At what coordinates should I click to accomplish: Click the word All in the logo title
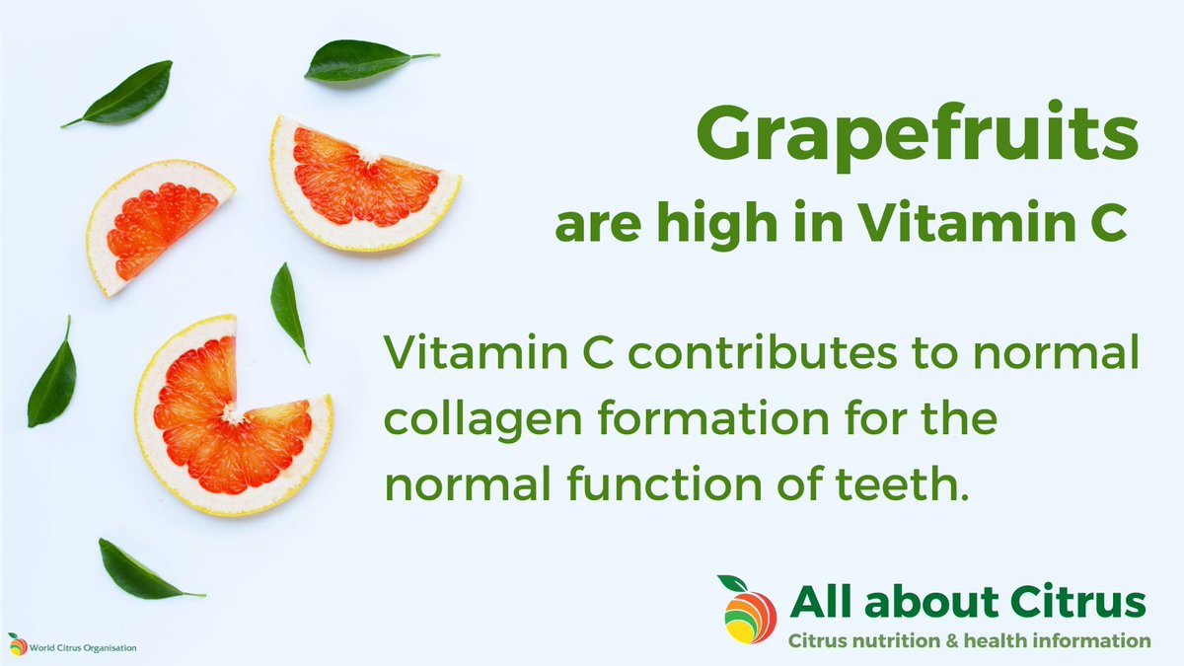pos(823,601)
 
